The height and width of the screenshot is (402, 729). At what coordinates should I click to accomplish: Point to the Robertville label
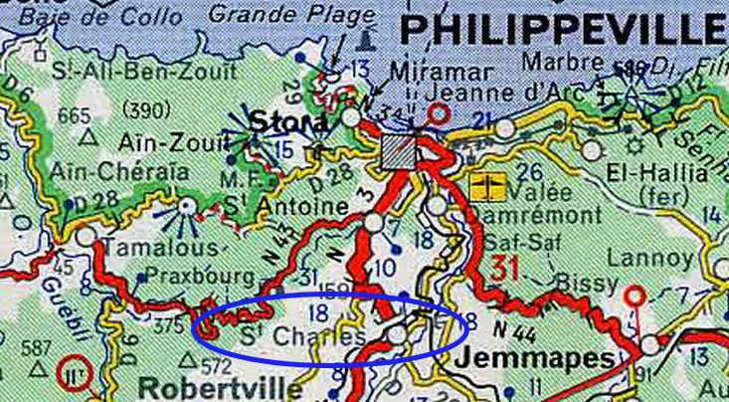click(x=206, y=385)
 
